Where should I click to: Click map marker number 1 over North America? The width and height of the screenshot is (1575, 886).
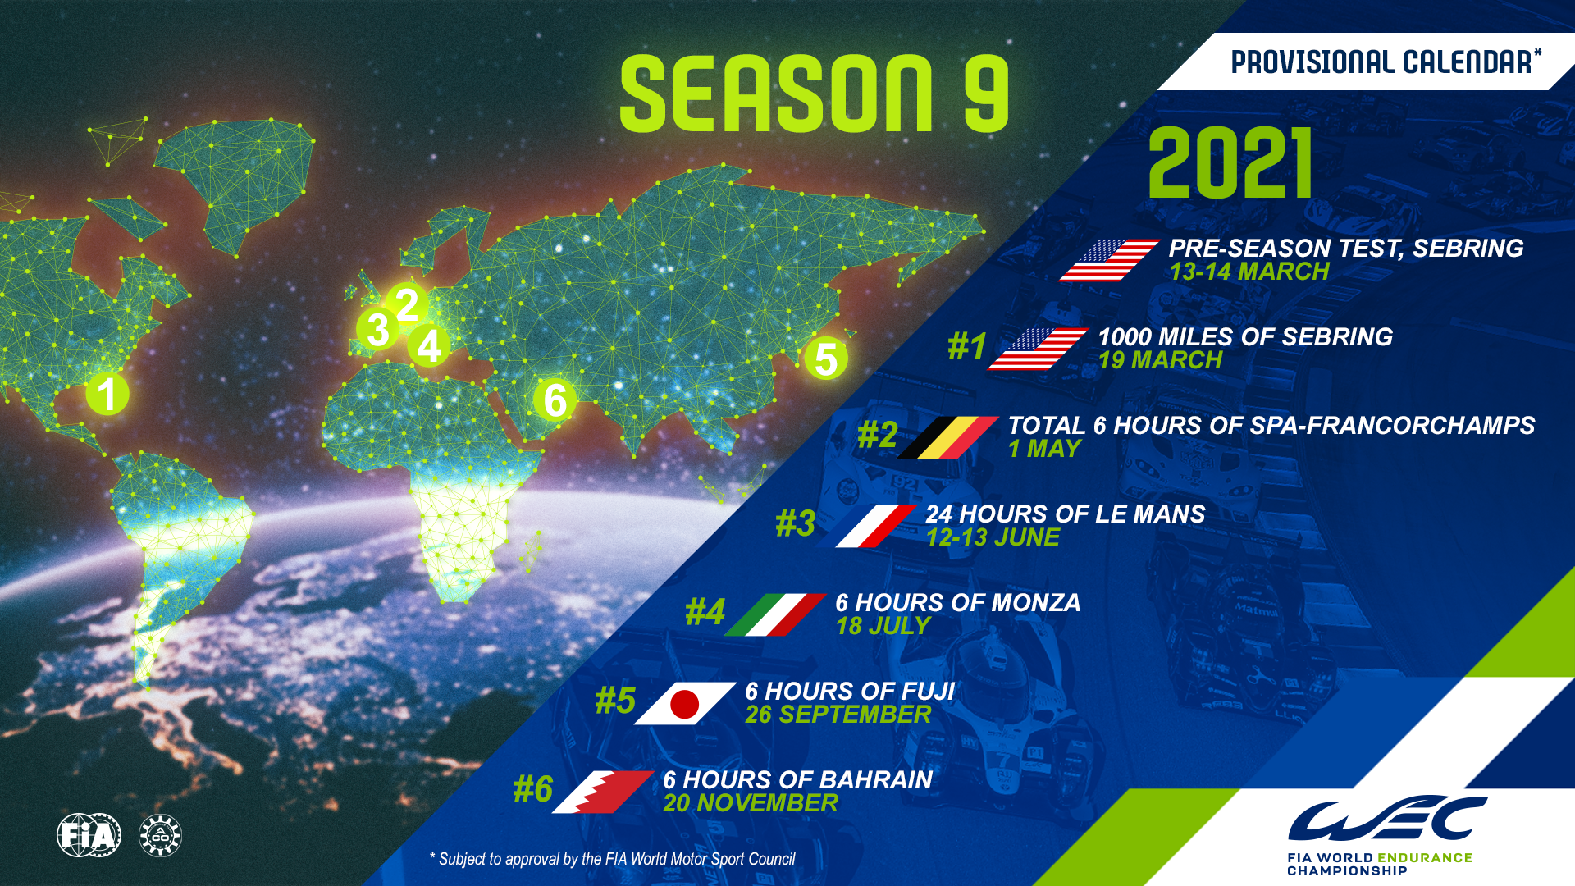pyautogui.click(x=107, y=395)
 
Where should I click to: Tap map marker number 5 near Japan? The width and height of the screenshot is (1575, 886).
pyautogui.click(x=825, y=359)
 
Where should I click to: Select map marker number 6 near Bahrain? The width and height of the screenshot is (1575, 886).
pyautogui.click(x=555, y=400)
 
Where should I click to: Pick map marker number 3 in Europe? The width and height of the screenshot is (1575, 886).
pyautogui.click(x=377, y=330)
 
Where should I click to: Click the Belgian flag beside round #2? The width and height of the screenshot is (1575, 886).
pyautogui.click(x=947, y=436)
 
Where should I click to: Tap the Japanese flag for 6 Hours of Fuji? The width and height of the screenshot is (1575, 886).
pyautogui.click(x=685, y=703)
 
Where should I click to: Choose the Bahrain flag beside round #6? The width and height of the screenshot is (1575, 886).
pyautogui.click(x=603, y=792)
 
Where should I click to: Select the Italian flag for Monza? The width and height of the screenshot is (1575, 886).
pyautogui.click(x=775, y=614)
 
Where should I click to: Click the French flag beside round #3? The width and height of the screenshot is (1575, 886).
pyautogui.click(x=875, y=526)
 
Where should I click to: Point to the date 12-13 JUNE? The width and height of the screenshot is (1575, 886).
pyautogui.click(x=993, y=537)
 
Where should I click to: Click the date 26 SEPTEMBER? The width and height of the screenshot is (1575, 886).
pyautogui.click(x=838, y=715)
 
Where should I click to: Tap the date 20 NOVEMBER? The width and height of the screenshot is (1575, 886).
pyautogui.click(x=751, y=803)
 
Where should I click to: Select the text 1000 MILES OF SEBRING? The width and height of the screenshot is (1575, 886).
pyautogui.click(x=1244, y=336)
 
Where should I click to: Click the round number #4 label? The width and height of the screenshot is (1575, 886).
pyautogui.click(x=705, y=612)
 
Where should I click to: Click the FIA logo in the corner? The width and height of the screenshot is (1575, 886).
pyautogui.click(x=89, y=835)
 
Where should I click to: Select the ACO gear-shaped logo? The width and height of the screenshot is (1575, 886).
pyautogui.click(x=160, y=836)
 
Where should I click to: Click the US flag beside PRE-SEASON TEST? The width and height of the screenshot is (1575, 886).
pyautogui.click(x=1109, y=260)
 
